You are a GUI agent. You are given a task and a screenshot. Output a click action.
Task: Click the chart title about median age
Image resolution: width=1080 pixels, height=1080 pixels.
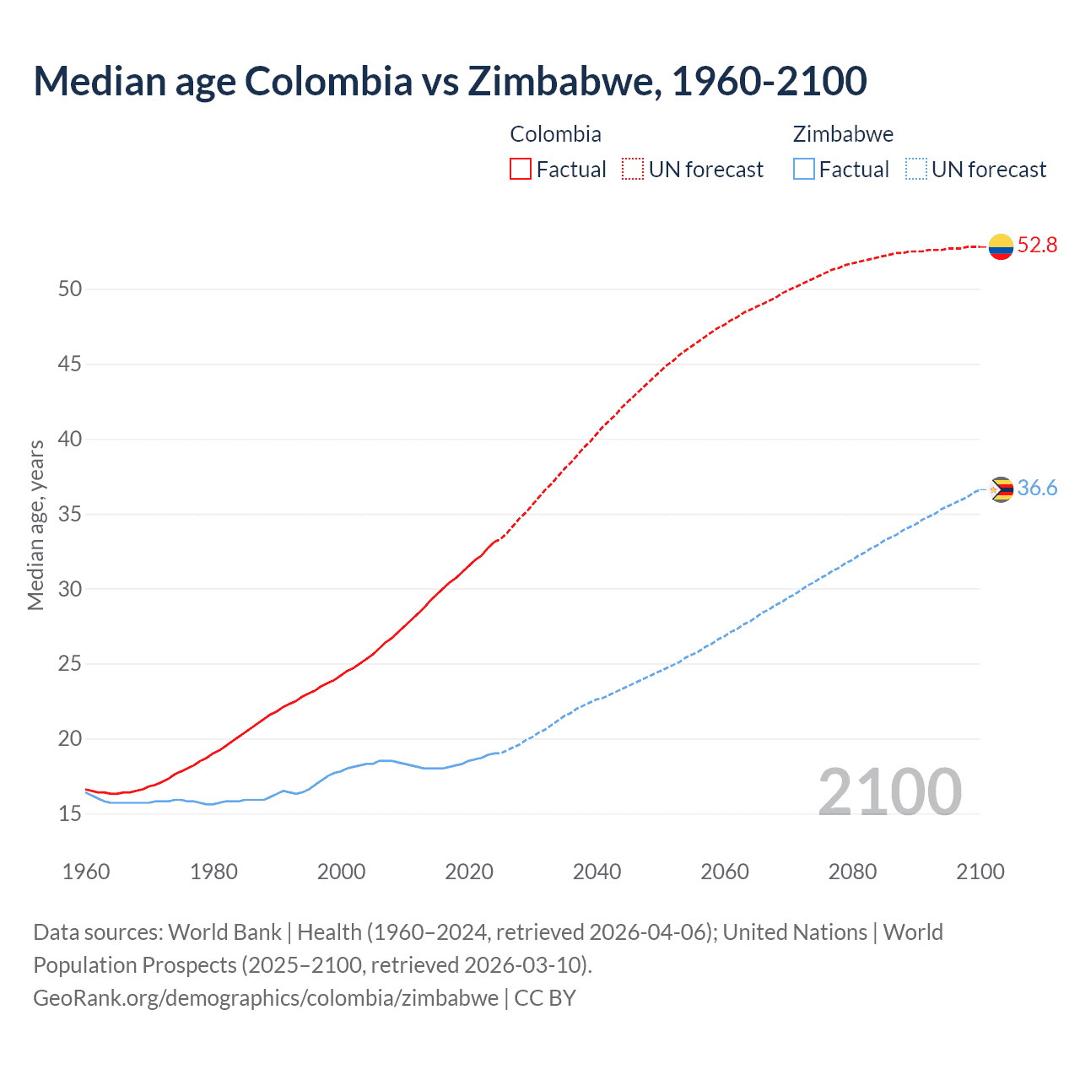(450, 81)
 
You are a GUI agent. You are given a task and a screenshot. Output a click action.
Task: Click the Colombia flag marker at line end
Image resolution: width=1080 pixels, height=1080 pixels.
(1001, 246)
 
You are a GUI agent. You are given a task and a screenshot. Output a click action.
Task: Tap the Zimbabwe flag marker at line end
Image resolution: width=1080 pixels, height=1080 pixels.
(1001, 489)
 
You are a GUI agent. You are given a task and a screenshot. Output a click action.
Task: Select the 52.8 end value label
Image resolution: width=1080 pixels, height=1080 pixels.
(1037, 246)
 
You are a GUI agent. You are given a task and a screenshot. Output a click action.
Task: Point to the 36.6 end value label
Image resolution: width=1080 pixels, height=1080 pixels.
(1037, 489)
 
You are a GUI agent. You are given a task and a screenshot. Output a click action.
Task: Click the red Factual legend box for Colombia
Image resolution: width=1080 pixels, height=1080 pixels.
(521, 170)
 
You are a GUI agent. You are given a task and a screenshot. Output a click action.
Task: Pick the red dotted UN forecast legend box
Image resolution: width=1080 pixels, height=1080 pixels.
(633, 170)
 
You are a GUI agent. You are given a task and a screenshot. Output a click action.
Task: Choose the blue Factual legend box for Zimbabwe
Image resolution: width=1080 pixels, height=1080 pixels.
(804, 170)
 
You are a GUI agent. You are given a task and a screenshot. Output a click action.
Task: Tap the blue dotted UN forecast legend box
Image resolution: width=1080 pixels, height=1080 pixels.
(916, 170)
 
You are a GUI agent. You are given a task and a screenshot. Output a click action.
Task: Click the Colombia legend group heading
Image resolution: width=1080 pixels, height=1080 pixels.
(555, 134)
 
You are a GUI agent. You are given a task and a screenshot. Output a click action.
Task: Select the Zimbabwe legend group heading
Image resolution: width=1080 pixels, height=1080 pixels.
(843, 134)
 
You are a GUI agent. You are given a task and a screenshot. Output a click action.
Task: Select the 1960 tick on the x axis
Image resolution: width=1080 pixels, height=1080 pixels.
(86, 872)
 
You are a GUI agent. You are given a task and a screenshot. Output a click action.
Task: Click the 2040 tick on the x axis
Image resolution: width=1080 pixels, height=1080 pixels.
(597, 872)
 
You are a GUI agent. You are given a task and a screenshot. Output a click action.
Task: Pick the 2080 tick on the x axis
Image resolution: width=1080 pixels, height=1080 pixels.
(852, 872)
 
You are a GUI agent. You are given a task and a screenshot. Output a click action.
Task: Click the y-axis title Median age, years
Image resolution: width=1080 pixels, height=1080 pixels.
(35, 525)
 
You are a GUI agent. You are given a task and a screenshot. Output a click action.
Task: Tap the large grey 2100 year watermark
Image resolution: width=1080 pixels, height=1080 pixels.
(889, 792)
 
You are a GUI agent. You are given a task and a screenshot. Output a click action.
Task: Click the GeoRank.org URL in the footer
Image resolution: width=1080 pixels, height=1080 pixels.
(266, 998)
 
